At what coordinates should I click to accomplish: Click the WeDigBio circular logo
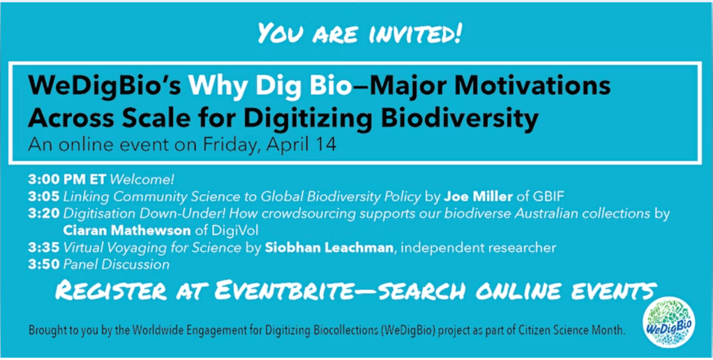tap(668, 322)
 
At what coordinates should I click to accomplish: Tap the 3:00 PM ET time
tap(67, 179)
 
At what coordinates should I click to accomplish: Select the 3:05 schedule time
tap(44, 197)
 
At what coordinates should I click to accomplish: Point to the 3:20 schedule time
tap(44, 214)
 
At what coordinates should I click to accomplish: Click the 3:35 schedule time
tap(44, 248)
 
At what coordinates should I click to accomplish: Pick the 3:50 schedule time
tap(44, 264)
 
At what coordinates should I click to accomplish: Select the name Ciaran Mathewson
tap(127, 231)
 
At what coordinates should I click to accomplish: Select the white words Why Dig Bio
tap(271, 87)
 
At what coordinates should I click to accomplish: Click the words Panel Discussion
tap(116, 264)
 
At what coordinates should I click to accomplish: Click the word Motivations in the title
tap(533, 87)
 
